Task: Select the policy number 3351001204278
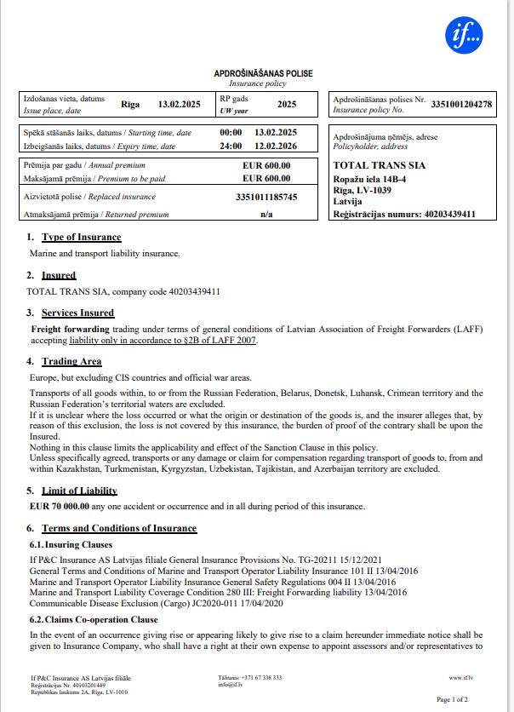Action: click(461, 105)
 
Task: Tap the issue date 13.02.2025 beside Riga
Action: click(180, 105)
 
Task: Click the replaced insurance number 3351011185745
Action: click(266, 197)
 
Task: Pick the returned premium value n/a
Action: click(266, 215)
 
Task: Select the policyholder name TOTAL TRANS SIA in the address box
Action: click(379, 165)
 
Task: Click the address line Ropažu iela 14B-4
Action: click(369, 180)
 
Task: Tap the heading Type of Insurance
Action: click(81, 237)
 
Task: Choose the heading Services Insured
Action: click(77, 313)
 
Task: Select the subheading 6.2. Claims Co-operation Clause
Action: click(94, 620)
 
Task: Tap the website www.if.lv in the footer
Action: click(460, 678)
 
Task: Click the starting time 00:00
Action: click(231, 133)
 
